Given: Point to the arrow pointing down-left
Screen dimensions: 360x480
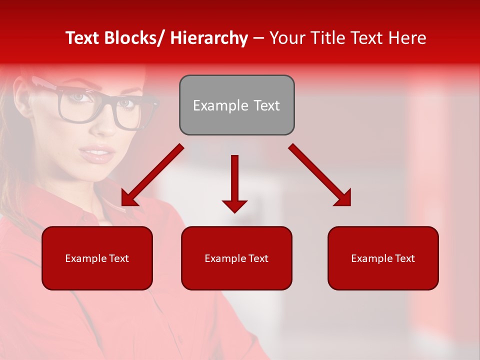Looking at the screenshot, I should (152, 175).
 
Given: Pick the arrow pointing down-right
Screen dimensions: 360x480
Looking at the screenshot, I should (320, 175).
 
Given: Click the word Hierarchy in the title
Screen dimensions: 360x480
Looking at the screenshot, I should (209, 38).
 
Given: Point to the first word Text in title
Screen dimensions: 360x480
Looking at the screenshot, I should (83, 38).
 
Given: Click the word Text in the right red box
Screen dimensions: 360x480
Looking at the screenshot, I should (404, 258).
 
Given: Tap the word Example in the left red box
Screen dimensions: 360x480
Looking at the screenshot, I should (86, 258).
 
